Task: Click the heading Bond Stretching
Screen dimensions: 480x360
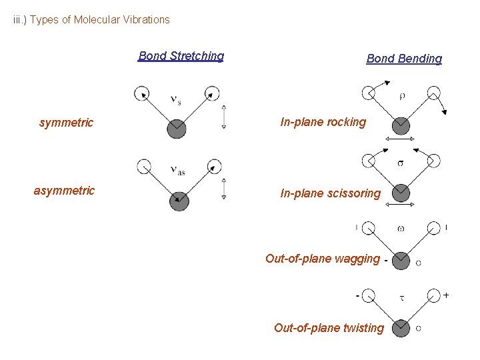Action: [x=181, y=56]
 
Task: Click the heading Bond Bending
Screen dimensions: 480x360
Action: [x=404, y=59]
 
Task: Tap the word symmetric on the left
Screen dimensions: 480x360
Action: [x=66, y=123]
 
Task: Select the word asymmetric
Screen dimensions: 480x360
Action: [x=64, y=191]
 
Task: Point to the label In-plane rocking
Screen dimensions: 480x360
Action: [x=323, y=122]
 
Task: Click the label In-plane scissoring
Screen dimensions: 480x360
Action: [x=330, y=193]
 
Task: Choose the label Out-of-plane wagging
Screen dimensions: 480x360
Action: [x=323, y=259]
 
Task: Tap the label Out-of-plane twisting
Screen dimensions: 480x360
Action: [x=329, y=327]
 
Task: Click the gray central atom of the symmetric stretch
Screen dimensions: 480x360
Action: [x=177, y=128]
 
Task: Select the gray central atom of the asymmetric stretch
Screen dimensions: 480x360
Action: [x=179, y=201]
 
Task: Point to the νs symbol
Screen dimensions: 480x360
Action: [x=176, y=101]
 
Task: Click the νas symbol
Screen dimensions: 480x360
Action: [x=177, y=170]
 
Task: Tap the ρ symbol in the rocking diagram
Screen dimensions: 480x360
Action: [x=402, y=95]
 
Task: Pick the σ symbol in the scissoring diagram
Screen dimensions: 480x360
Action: [x=400, y=163]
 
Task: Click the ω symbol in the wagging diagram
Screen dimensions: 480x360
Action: [x=401, y=228]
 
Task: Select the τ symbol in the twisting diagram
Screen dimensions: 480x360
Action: [x=401, y=297]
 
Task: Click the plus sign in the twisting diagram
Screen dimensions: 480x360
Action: [x=446, y=294]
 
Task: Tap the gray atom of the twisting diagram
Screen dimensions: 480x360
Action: [x=401, y=328]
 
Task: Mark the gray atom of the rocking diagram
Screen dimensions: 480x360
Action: [x=401, y=125]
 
